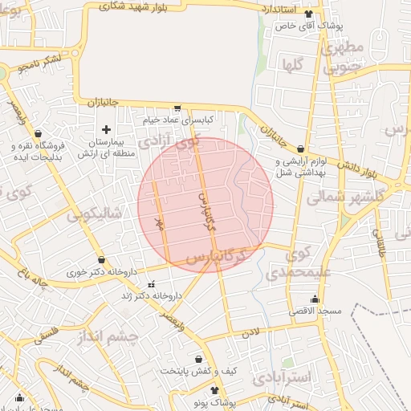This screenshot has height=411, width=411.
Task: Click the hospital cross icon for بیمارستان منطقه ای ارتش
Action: click(106, 129)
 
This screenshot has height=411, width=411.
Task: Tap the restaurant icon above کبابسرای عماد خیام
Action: click(177, 108)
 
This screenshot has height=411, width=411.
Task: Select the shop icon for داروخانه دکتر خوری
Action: click(101, 260)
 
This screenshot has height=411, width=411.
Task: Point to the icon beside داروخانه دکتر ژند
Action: click(151, 284)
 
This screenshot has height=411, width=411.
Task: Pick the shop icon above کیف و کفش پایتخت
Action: click(198, 359)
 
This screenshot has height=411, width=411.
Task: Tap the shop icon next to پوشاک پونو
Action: click(215, 397)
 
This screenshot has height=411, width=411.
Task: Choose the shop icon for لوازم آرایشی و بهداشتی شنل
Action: click(300, 149)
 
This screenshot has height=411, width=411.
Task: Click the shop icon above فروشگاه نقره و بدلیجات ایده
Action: click(38, 134)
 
